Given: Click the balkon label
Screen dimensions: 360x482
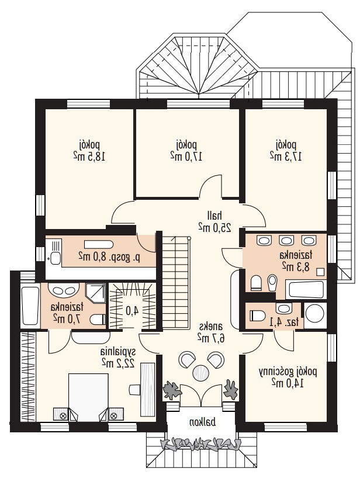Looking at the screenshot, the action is (x=202, y=422).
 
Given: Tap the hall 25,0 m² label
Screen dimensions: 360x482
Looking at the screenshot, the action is (x=214, y=221).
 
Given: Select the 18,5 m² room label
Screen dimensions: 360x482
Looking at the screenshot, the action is (x=89, y=151).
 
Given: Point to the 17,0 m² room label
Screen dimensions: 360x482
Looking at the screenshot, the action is (x=186, y=151).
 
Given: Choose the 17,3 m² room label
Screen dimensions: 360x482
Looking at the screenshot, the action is (x=286, y=151).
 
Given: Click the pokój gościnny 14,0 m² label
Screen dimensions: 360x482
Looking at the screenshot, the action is (x=288, y=377).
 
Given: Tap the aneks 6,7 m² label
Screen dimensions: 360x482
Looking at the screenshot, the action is (x=210, y=332).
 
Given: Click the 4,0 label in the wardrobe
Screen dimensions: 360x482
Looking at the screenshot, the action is (x=132, y=310).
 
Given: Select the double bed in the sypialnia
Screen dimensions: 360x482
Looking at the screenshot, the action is (x=88, y=397).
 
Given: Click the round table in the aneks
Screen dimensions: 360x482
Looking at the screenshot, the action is (x=201, y=372).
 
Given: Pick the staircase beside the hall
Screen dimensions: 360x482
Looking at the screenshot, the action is (x=175, y=282).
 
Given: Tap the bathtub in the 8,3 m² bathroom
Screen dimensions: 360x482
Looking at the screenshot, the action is (x=304, y=289).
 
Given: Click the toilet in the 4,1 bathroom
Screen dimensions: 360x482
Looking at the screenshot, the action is (x=257, y=315).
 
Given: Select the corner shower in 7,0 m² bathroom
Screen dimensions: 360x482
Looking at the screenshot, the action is (x=95, y=293).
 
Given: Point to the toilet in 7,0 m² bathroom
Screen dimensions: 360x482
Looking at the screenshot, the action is (x=98, y=320).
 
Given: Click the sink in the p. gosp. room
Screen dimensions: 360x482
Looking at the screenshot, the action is (x=55, y=258).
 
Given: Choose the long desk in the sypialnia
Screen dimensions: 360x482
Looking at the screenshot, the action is (x=148, y=390).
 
